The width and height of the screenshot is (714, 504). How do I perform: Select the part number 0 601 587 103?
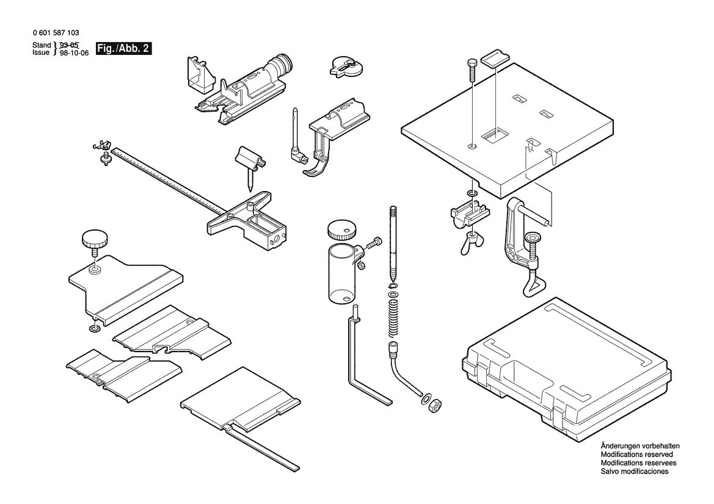tap(54, 33)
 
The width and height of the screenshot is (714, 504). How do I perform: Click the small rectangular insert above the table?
tap(494, 59)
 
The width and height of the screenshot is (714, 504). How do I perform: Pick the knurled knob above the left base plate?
tap(93, 239)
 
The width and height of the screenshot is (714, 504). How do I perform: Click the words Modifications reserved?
tap(636, 455)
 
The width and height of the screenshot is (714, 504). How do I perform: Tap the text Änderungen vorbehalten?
tap(639, 446)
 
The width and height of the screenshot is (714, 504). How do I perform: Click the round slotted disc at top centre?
tap(346, 65)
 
